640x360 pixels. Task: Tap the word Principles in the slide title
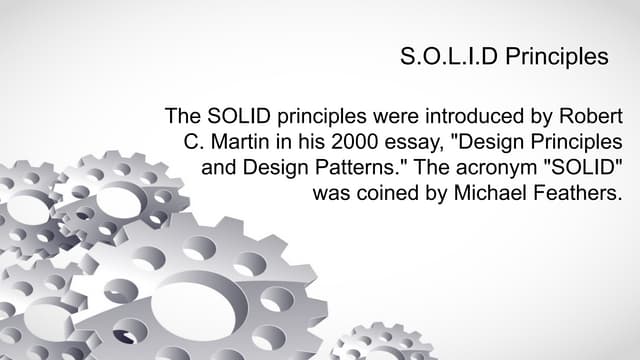tap(556, 56)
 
